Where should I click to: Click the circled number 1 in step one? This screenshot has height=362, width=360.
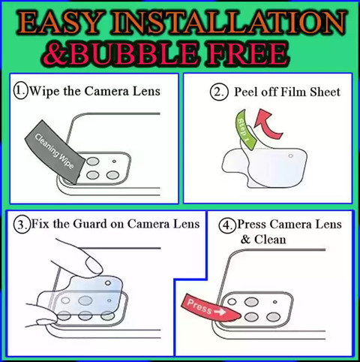(20, 91)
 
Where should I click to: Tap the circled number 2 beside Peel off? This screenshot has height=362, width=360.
(219, 92)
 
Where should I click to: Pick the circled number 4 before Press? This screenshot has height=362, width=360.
(227, 225)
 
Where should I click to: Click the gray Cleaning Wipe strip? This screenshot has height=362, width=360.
(55, 152)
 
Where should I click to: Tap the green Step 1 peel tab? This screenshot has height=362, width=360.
(245, 129)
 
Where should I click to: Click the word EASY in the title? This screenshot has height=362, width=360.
(58, 23)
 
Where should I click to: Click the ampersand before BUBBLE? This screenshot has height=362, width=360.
(57, 54)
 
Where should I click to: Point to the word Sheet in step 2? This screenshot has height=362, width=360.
(325, 92)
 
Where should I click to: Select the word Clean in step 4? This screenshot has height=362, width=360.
(270, 240)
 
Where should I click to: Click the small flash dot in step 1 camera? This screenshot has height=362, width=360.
(114, 161)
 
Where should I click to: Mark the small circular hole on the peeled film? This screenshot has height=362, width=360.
(290, 156)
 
